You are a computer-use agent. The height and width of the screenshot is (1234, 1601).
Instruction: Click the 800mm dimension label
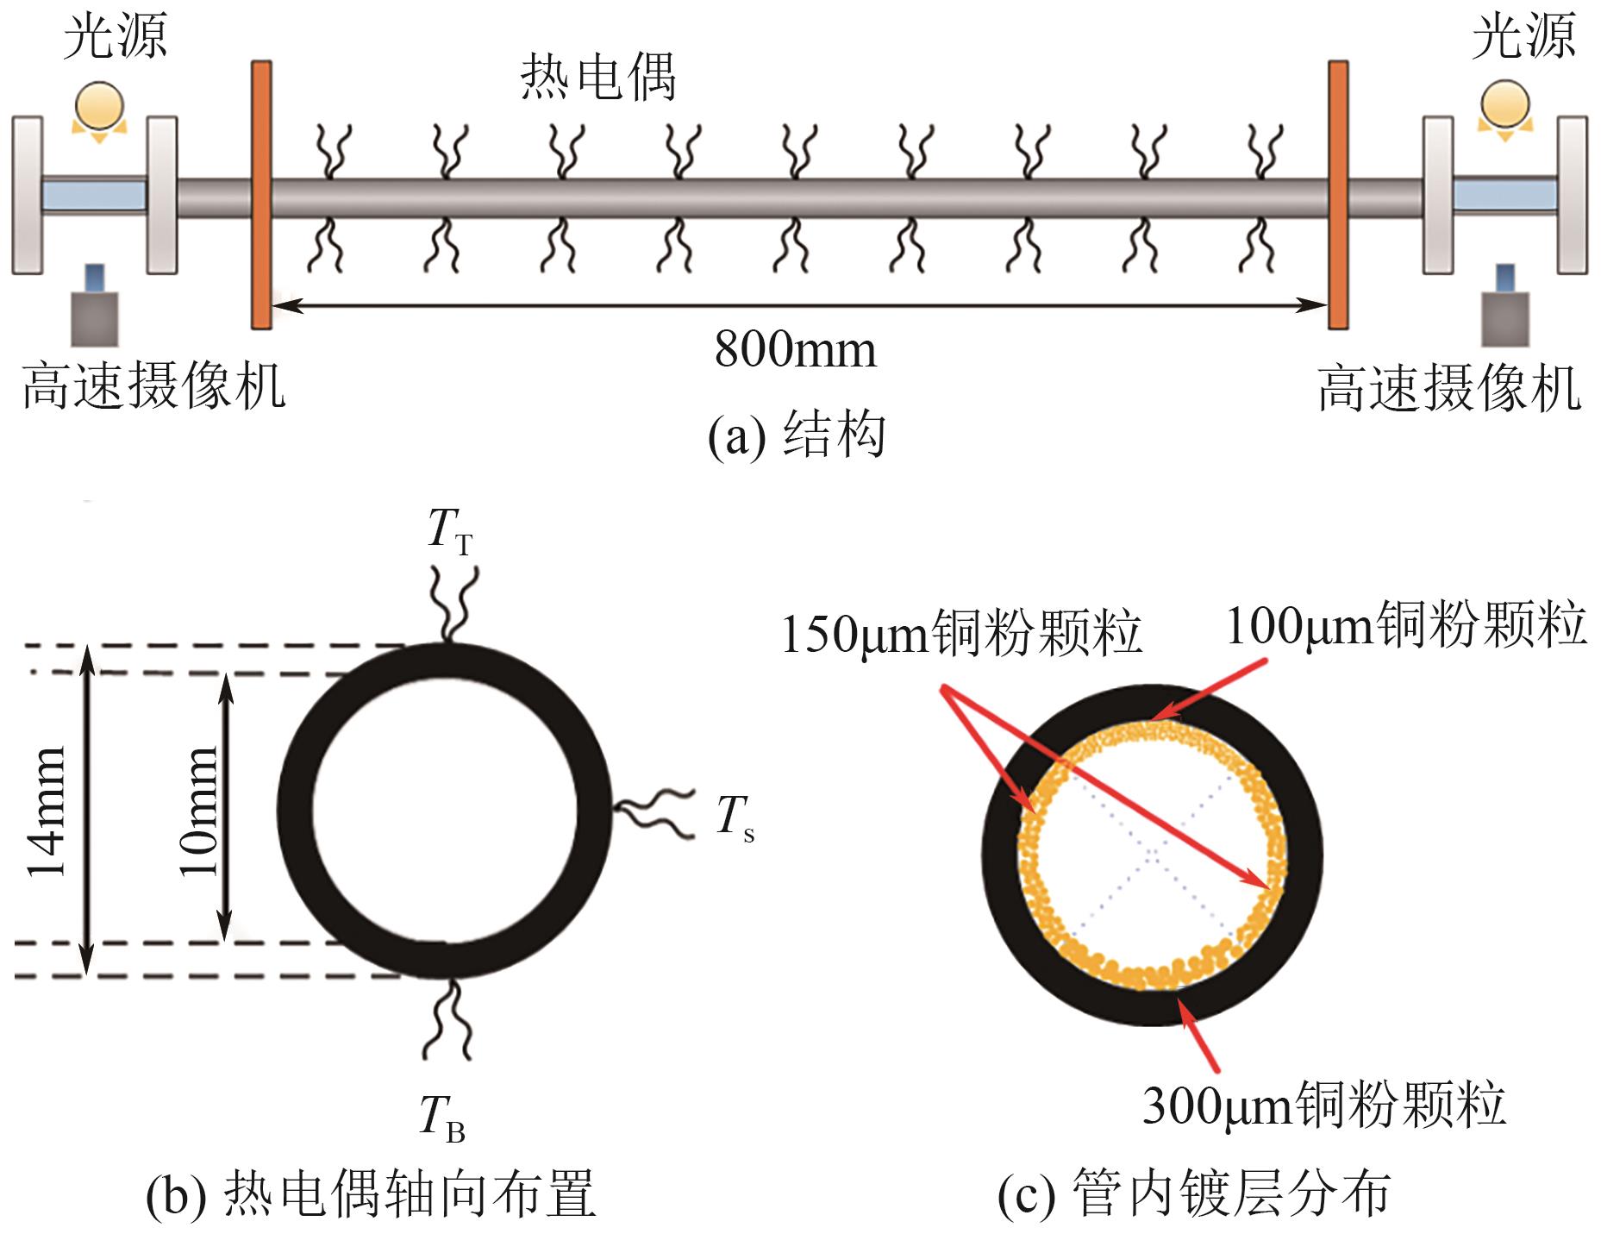pos(795,350)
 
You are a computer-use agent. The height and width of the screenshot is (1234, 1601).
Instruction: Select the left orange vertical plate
pos(261,195)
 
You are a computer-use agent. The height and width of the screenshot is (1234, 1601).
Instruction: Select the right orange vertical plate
pos(1337,195)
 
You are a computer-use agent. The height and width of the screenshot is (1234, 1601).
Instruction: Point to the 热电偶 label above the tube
pos(597,78)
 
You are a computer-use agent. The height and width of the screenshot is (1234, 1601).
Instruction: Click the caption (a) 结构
pos(795,435)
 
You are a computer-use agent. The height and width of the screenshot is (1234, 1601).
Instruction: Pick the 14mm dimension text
pos(47,811)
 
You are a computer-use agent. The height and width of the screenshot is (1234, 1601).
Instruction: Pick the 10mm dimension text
pos(199,811)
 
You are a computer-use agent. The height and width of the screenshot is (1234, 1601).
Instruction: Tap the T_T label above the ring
pos(449,529)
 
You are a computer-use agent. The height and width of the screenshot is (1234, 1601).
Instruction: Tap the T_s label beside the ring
pos(735,817)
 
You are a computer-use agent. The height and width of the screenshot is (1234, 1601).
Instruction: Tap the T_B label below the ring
pos(442,1118)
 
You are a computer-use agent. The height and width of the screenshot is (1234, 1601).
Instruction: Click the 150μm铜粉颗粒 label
pos(960,633)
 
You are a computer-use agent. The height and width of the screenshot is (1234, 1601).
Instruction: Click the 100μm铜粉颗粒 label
pos(1405,624)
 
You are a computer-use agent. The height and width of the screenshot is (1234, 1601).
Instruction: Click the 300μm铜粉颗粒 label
pos(1323,1105)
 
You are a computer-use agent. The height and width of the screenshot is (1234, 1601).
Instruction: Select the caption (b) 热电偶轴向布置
pos(371,1194)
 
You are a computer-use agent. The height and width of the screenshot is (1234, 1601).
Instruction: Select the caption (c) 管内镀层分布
pos(1193,1194)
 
